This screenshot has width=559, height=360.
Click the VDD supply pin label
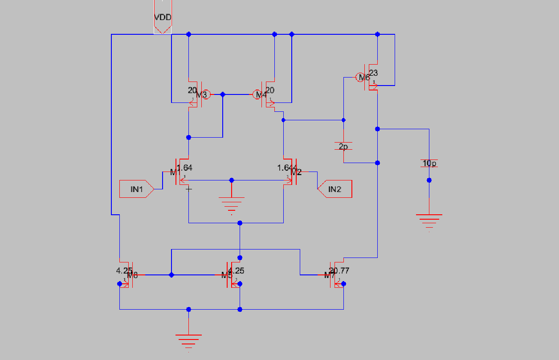pyautogui.click(x=163, y=18)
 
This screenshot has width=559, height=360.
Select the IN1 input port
pyautogui.click(x=136, y=189)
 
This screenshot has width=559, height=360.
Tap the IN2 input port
pyautogui.click(x=335, y=189)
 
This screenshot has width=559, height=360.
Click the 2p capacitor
pyautogui.click(x=343, y=146)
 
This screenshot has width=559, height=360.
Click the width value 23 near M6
pyautogui.click(x=373, y=73)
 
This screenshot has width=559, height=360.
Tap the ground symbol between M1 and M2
pyautogui.click(x=231, y=203)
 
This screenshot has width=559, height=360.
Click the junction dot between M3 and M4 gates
pyautogui.click(x=223, y=94)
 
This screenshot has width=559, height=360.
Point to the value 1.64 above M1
pyautogui.click(x=185, y=168)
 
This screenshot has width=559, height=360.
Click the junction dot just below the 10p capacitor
pyautogui.click(x=429, y=180)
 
